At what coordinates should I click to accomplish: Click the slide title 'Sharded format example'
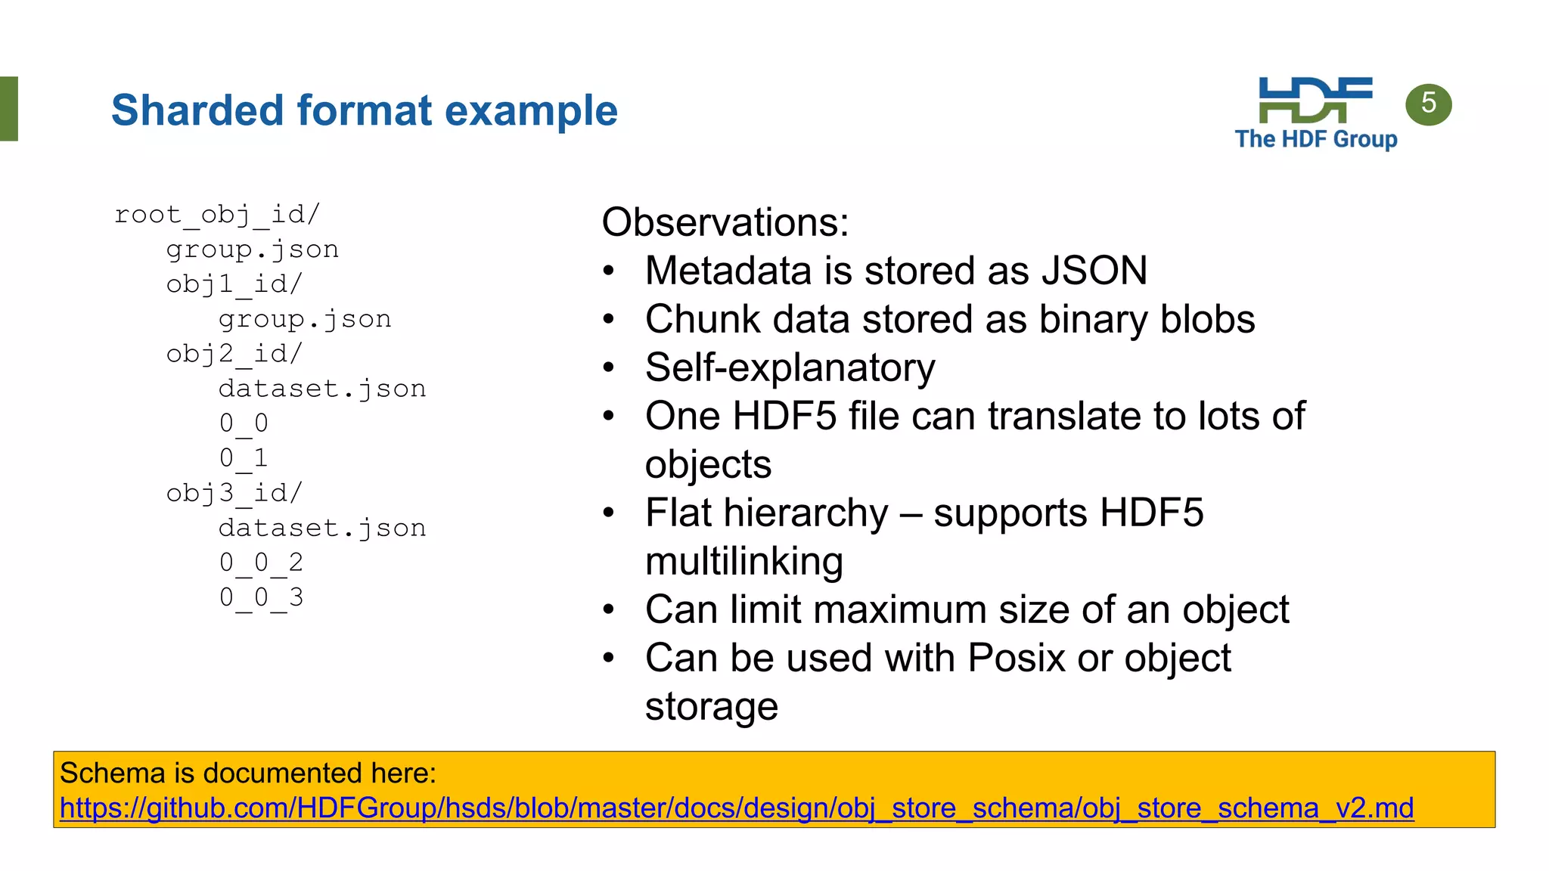click(364, 110)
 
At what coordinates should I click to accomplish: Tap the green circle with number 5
click(1428, 104)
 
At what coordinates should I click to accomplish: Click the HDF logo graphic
click(1315, 100)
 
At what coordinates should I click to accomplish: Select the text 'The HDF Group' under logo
click(1315, 139)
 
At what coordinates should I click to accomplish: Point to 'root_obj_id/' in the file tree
click(217, 215)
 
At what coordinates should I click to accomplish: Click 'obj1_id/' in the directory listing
click(234, 284)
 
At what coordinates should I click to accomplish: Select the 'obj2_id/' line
click(234, 354)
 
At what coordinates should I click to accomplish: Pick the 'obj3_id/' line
click(234, 493)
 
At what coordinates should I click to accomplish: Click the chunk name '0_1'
click(243, 457)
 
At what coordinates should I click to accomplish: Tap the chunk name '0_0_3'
click(261, 597)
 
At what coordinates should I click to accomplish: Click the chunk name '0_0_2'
click(261, 563)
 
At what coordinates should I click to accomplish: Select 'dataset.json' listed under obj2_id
click(322, 389)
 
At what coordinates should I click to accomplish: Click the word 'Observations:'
click(725, 222)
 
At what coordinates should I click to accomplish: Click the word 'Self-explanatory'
click(790, 367)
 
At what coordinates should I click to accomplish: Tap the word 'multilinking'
click(743, 561)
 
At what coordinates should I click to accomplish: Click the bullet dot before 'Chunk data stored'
click(609, 319)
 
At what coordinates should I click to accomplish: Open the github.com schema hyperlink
click(736, 808)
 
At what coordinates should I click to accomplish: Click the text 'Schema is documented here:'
click(248, 773)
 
